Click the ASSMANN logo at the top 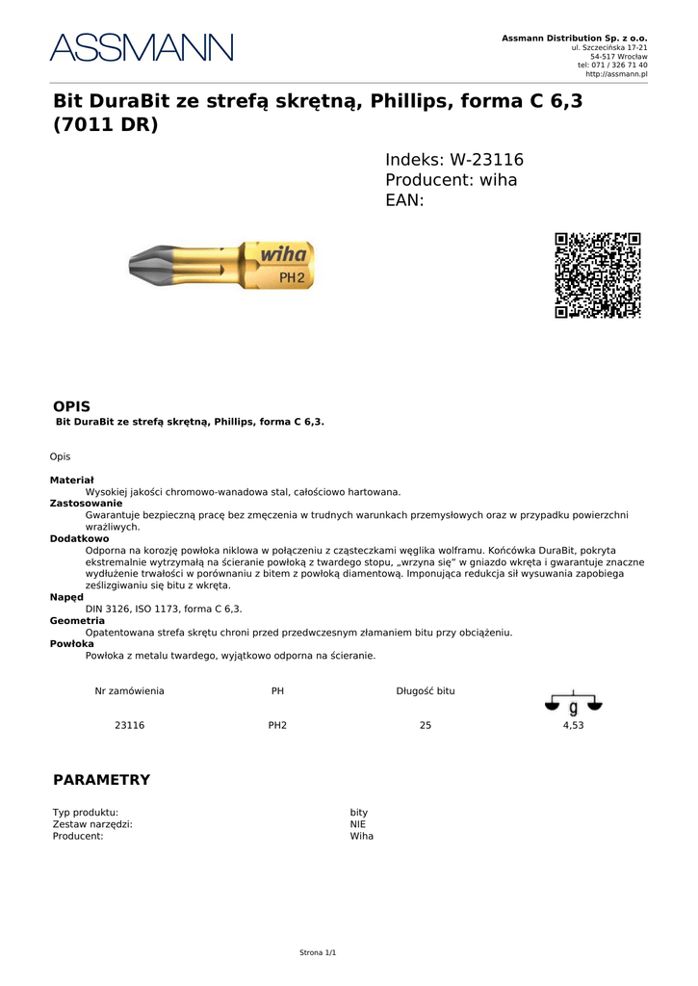click(x=142, y=48)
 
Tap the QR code click(x=597, y=274)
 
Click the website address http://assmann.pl click(x=616, y=74)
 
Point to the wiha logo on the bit click(x=284, y=256)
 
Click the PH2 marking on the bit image click(x=292, y=277)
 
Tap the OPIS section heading click(x=71, y=407)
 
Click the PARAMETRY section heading click(x=101, y=780)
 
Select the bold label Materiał click(x=72, y=480)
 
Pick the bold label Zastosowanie click(x=86, y=503)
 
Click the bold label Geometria click(x=77, y=621)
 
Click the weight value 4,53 click(x=573, y=725)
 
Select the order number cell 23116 click(x=129, y=725)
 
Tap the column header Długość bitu click(x=426, y=691)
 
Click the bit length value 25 click(x=426, y=725)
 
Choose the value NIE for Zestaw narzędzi click(x=358, y=824)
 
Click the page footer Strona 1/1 click(x=318, y=952)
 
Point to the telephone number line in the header click(x=612, y=65)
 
